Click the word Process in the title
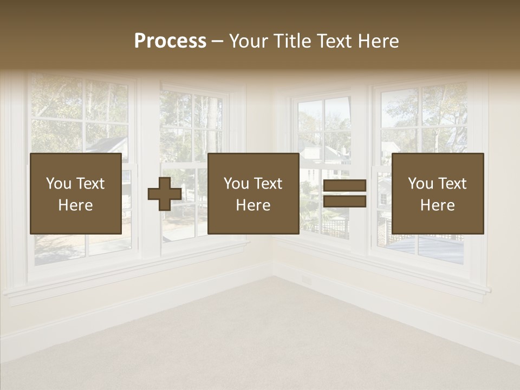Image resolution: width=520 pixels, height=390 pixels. coord(170,41)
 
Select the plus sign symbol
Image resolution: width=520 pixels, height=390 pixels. coord(165,194)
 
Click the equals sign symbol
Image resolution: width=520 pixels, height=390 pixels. coord(344,194)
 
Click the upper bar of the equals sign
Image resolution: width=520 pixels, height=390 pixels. coord(344,186)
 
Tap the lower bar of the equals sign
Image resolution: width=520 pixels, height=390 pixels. coord(344,201)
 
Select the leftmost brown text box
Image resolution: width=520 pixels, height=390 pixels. coord(75,193)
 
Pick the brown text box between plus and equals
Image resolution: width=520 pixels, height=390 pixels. coord(253,193)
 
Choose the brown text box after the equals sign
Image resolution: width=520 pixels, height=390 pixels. coord(437,193)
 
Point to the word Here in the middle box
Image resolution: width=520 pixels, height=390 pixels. coord(253,205)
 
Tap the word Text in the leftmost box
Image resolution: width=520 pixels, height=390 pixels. coord(90,184)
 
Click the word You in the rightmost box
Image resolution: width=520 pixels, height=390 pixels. coord(421,184)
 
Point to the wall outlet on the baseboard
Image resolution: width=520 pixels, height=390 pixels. coord(307,281)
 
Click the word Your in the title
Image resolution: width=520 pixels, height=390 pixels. coord(249,41)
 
